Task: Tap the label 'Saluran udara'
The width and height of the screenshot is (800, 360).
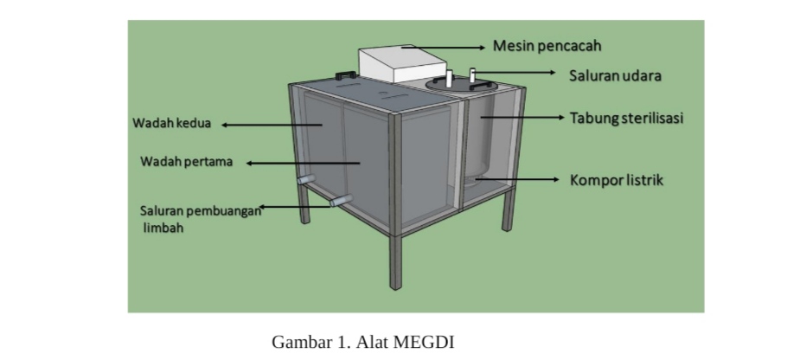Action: pos(615,76)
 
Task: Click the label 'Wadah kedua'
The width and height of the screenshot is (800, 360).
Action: pos(171,124)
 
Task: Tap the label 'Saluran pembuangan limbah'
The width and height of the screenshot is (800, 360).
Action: pos(199,219)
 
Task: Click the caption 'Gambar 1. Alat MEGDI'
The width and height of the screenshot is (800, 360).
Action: pos(363,341)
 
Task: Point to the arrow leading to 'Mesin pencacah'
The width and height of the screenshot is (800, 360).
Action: pos(441,47)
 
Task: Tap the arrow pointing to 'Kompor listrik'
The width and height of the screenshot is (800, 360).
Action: pos(519,180)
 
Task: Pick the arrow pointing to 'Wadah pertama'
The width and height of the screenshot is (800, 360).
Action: pos(303,162)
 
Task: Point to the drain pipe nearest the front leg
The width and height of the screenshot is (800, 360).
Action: pos(341,202)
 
